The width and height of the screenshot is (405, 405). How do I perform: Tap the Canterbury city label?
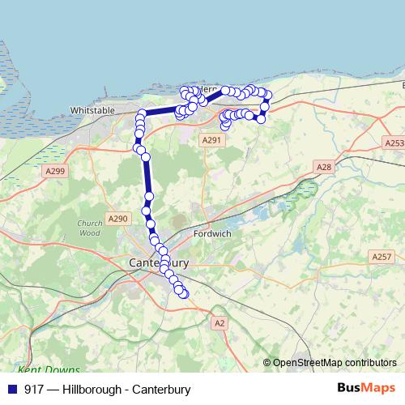coord(159,263)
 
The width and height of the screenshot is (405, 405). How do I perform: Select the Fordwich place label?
coord(212,235)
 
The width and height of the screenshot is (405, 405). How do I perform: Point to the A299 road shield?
coord(55,171)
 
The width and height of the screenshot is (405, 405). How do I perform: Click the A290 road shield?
coord(117,219)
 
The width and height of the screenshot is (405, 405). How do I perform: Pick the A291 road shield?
coord(211,140)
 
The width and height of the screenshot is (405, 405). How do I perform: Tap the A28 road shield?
coord(323,167)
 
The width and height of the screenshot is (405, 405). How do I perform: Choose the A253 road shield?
coord(393,143)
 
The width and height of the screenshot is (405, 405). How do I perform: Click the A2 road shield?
coord(219,322)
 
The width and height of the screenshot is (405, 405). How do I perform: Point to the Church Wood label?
coord(89,228)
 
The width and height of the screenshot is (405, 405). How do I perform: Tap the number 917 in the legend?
coord(34,389)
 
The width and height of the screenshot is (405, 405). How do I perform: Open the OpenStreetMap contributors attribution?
coord(335,363)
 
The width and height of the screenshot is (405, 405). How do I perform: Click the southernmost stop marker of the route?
coord(184,294)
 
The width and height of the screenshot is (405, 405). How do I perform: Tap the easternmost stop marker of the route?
coord(268,96)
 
